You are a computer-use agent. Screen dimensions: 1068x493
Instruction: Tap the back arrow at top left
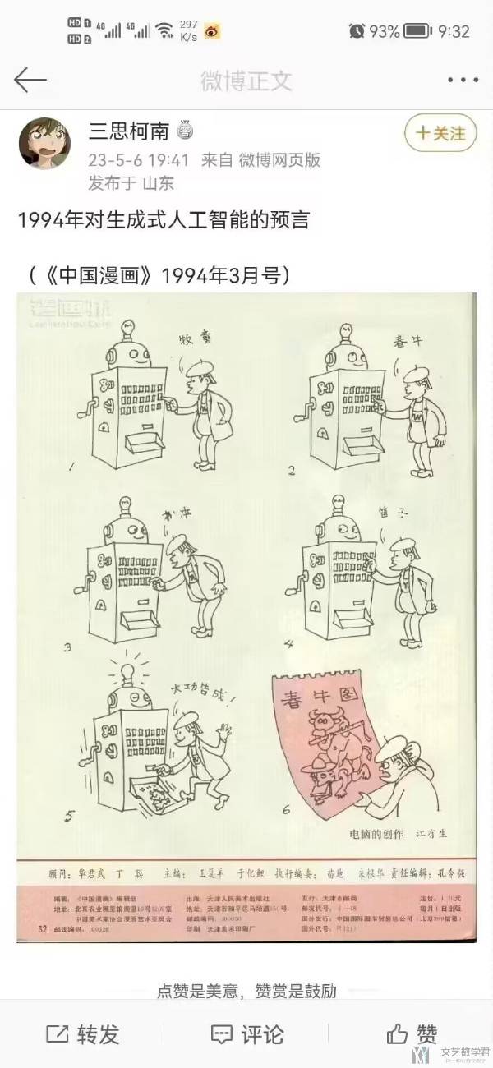(30, 80)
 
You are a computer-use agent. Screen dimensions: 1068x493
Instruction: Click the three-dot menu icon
(462, 81)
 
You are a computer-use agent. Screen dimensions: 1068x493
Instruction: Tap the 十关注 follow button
(440, 133)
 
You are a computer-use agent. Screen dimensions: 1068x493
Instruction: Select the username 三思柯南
(128, 132)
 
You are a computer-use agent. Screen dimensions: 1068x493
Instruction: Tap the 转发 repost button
(83, 1033)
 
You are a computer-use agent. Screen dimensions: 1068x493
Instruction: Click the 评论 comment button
(246, 1033)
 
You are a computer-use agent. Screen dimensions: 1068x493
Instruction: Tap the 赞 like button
(412, 1033)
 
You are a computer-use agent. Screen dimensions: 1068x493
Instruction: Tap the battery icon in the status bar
(417, 31)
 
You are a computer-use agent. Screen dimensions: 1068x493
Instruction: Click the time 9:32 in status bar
(454, 31)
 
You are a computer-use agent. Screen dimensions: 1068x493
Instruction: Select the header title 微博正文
(246, 81)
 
